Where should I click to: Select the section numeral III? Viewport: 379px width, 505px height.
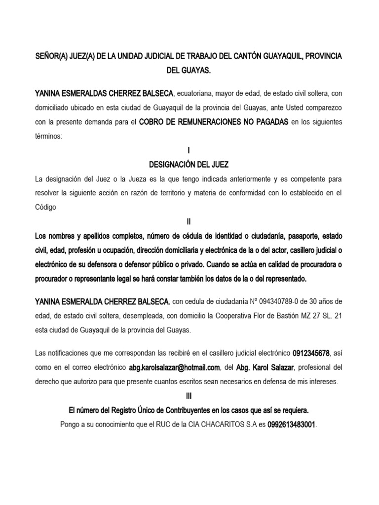pyautogui.click(x=189, y=395)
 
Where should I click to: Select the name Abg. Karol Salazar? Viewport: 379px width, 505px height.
pyautogui.click(x=267, y=367)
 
